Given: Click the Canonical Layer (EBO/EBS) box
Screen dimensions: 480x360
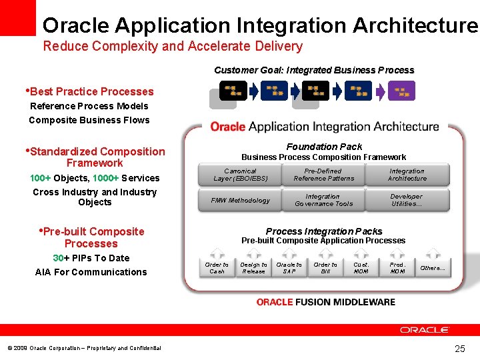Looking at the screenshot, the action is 240,175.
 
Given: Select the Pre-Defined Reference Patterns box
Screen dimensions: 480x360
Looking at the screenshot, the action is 324,175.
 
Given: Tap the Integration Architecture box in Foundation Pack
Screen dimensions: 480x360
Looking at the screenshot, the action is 407,175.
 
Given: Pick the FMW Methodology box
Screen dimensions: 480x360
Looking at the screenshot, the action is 240,200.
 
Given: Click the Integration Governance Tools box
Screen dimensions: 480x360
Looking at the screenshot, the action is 323,200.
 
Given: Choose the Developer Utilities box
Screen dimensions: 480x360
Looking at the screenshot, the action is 407,200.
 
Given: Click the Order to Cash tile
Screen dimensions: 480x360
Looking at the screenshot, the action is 217,267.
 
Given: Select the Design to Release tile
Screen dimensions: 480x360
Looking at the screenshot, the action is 253,267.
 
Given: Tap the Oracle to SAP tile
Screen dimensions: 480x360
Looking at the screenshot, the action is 289,267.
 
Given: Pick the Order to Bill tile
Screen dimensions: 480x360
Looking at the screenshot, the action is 325,267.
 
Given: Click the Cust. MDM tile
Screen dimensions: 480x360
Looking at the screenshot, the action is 361,267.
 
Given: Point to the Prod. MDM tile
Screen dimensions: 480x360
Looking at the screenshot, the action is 397,267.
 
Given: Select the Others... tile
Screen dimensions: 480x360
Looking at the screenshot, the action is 433,267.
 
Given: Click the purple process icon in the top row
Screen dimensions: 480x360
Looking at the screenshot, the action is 401,91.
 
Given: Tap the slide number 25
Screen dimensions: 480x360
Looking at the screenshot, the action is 459,349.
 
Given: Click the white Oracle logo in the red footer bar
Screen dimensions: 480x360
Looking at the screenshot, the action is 425,330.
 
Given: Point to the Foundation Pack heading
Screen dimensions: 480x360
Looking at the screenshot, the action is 324,147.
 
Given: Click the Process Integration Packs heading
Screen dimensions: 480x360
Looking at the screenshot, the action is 324,231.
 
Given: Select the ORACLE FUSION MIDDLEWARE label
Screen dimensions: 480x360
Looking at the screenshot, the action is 325,302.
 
